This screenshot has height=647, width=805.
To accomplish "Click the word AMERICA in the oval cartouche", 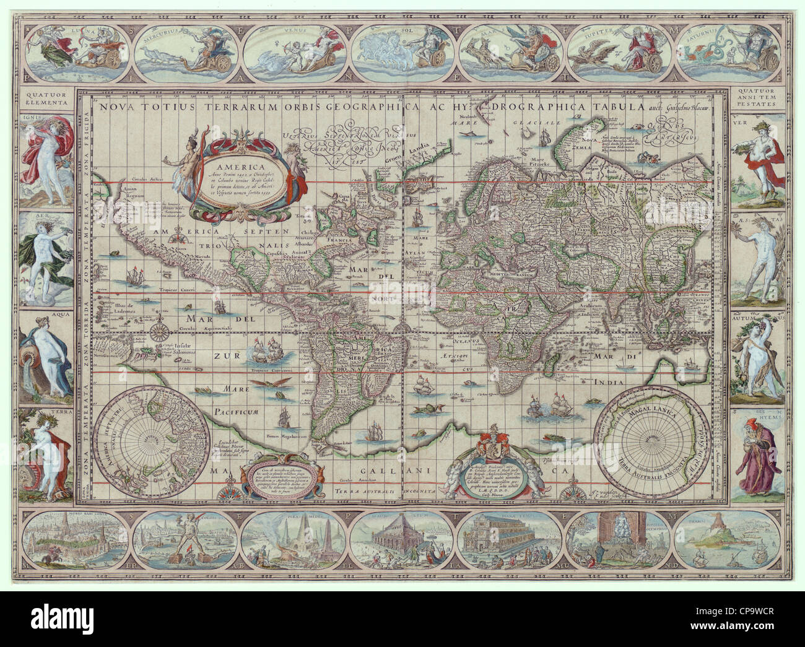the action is point(243,165).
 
